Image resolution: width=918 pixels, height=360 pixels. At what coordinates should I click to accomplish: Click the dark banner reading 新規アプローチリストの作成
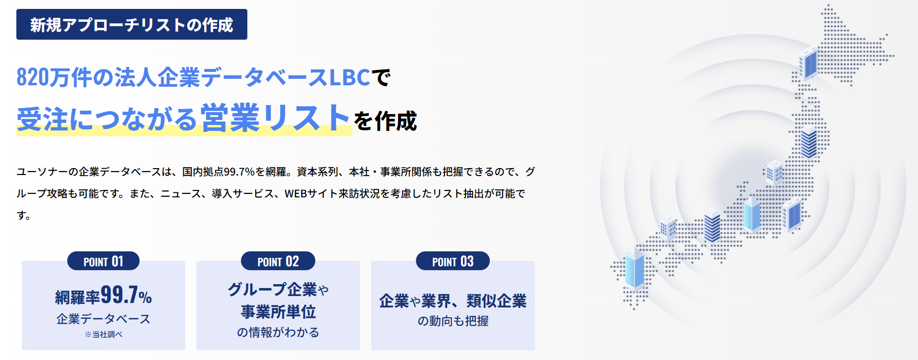[x=132, y=24]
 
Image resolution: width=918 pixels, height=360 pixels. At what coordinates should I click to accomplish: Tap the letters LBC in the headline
[x=349, y=77]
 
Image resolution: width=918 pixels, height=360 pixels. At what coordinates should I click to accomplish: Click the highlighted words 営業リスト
[x=276, y=119]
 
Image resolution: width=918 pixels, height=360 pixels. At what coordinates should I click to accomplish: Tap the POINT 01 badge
[x=103, y=261]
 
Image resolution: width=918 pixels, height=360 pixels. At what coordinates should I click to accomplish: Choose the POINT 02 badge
[x=278, y=261]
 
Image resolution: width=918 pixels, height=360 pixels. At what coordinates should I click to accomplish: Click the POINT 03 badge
[x=453, y=261]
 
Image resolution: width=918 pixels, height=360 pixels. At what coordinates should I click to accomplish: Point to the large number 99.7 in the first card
[x=119, y=295]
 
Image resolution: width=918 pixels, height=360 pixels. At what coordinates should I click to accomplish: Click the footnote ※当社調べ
[x=103, y=334]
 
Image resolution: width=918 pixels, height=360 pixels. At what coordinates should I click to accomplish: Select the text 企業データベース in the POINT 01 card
[x=103, y=319]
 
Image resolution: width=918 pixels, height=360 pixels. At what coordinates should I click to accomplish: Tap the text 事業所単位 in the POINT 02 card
[x=278, y=312]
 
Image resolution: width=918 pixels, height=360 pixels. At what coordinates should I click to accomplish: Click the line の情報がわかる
[x=278, y=332]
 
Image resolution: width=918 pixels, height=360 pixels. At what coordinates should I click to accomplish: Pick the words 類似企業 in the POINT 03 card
[x=496, y=301]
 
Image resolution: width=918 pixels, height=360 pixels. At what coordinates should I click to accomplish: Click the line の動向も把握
[x=453, y=321]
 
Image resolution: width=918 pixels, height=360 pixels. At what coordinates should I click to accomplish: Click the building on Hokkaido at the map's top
[x=808, y=63]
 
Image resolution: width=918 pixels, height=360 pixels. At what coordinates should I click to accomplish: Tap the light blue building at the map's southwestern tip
[x=635, y=269]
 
